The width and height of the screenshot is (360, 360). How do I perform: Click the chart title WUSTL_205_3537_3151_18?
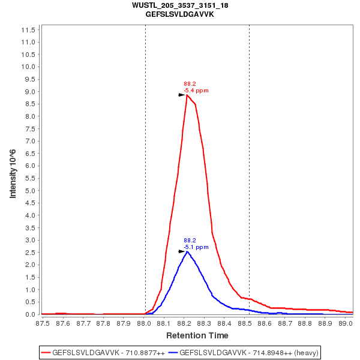(180, 5)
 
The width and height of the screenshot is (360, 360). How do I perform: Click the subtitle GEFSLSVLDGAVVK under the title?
(180, 14)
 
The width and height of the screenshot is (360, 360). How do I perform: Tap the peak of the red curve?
(187, 95)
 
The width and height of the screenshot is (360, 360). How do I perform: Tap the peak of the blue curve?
(187, 251)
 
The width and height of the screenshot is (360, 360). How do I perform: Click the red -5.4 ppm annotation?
(196, 91)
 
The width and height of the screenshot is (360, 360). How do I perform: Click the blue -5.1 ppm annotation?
(196, 247)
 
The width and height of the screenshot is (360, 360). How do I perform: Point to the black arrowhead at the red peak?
(182, 95)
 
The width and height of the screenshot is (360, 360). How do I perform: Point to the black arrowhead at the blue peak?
(182, 251)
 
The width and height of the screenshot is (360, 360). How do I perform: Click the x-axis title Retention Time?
(197, 335)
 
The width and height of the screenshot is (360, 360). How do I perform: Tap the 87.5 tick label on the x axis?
(43, 323)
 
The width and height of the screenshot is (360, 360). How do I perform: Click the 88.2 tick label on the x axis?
(184, 323)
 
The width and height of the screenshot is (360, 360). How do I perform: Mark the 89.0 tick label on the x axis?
(345, 323)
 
